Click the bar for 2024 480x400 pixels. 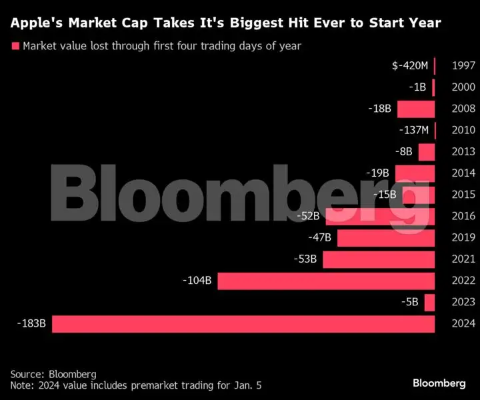click(x=243, y=324)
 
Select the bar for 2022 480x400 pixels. click(x=326, y=281)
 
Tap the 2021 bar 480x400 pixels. click(x=379, y=259)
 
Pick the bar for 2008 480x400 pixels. click(x=416, y=109)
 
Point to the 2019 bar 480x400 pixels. click(x=386, y=238)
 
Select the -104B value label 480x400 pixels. click(x=197, y=281)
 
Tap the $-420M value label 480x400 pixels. click(x=411, y=66)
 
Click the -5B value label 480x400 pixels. click(x=410, y=302)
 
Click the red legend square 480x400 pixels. click(x=14, y=46)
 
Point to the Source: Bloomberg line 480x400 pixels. click(x=53, y=373)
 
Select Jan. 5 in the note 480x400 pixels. click(x=254, y=385)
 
